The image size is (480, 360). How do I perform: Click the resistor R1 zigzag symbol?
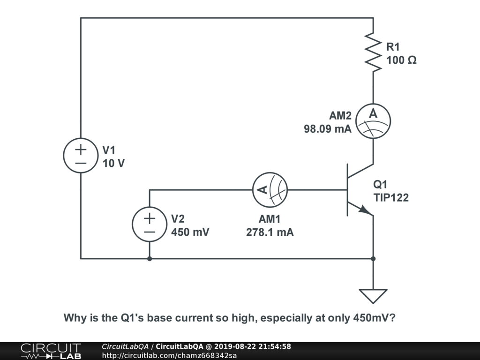[x=373, y=52]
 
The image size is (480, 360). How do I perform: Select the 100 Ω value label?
[x=401, y=60]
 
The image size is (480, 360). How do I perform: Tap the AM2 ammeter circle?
[x=373, y=121]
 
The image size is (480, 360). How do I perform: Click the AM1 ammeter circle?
[x=270, y=190]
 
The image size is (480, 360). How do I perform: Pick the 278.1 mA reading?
[x=270, y=232]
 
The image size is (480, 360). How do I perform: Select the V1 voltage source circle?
[x=81, y=156]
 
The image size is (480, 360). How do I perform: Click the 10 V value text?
[x=114, y=164]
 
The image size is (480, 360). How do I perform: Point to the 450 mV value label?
[x=190, y=232]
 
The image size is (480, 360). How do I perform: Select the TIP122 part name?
[x=390, y=198]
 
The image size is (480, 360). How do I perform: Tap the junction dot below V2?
[x=149, y=258]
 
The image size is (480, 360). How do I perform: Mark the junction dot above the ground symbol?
[x=373, y=258]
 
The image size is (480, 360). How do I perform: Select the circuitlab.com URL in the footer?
[x=169, y=355]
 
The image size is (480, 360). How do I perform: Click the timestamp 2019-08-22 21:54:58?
[x=252, y=346]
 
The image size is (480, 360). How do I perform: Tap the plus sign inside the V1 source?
[x=81, y=150]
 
